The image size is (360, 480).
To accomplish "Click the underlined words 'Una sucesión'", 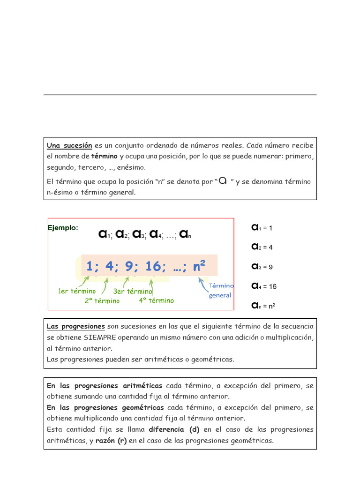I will (x=69, y=146).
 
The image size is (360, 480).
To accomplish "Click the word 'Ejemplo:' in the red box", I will (x=63, y=228).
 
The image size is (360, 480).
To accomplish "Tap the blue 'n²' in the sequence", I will (x=200, y=266).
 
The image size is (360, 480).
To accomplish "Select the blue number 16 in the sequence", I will (x=153, y=266).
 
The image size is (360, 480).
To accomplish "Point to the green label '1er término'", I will (x=77, y=291).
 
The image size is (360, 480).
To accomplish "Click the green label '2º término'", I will (x=102, y=301).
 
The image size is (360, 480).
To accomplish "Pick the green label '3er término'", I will (x=133, y=291).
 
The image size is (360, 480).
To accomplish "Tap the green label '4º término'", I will (x=156, y=300).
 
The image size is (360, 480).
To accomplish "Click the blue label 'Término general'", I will (x=221, y=290).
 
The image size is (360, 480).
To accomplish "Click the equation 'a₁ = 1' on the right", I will (x=262, y=228).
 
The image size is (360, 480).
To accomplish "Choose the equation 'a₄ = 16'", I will (x=264, y=286).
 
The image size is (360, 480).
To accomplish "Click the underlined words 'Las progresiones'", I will (x=75, y=326).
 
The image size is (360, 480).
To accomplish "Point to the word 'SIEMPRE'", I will (x=100, y=337).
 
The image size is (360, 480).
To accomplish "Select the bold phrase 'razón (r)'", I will (x=111, y=441).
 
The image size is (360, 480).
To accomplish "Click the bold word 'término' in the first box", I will (x=104, y=157).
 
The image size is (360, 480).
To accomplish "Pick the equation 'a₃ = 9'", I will (x=262, y=267).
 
